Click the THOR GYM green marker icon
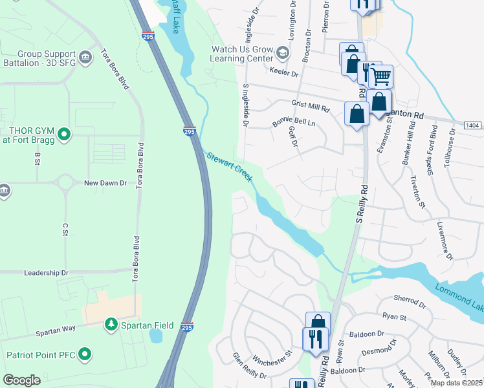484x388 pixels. (63, 135)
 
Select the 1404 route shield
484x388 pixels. (473, 124)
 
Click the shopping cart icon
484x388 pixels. (380, 77)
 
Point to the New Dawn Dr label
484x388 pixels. (105, 183)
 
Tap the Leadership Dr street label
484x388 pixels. (46, 273)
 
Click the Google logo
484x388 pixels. (21, 380)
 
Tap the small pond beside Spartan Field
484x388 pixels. (156, 336)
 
